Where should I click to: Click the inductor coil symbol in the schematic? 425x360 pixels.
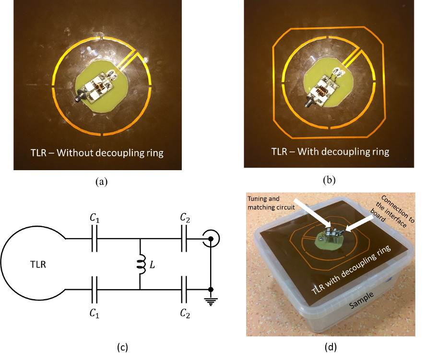click(141, 264)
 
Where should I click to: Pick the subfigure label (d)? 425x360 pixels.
click(334, 345)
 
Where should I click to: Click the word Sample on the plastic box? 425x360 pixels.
click(360, 305)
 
